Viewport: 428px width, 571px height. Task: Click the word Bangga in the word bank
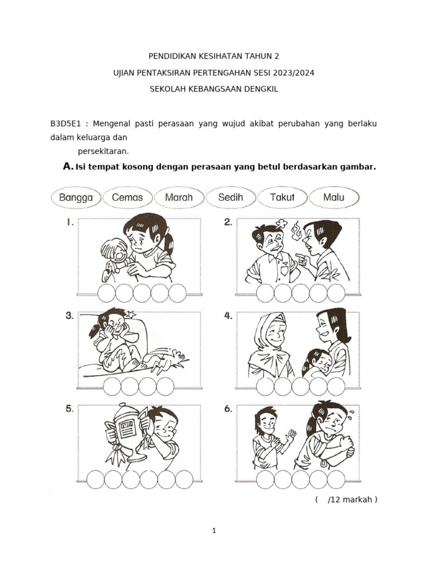point(76,197)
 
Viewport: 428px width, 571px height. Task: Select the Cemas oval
point(128,197)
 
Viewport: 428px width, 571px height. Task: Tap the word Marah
point(179,197)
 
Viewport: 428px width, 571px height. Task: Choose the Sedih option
point(230,197)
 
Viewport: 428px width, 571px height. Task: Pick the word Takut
point(282,197)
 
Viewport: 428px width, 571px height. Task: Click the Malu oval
point(334,197)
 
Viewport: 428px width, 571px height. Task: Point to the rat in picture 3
point(167,361)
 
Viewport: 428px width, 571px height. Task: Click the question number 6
point(228,409)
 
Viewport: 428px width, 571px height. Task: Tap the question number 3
point(70,316)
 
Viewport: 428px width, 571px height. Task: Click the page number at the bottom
point(214,531)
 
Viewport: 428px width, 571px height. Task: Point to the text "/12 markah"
point(350,499)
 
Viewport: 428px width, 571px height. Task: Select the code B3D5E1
point(66,124)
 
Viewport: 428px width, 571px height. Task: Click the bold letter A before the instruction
point(67,166)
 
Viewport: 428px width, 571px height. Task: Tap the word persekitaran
point(103,151)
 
